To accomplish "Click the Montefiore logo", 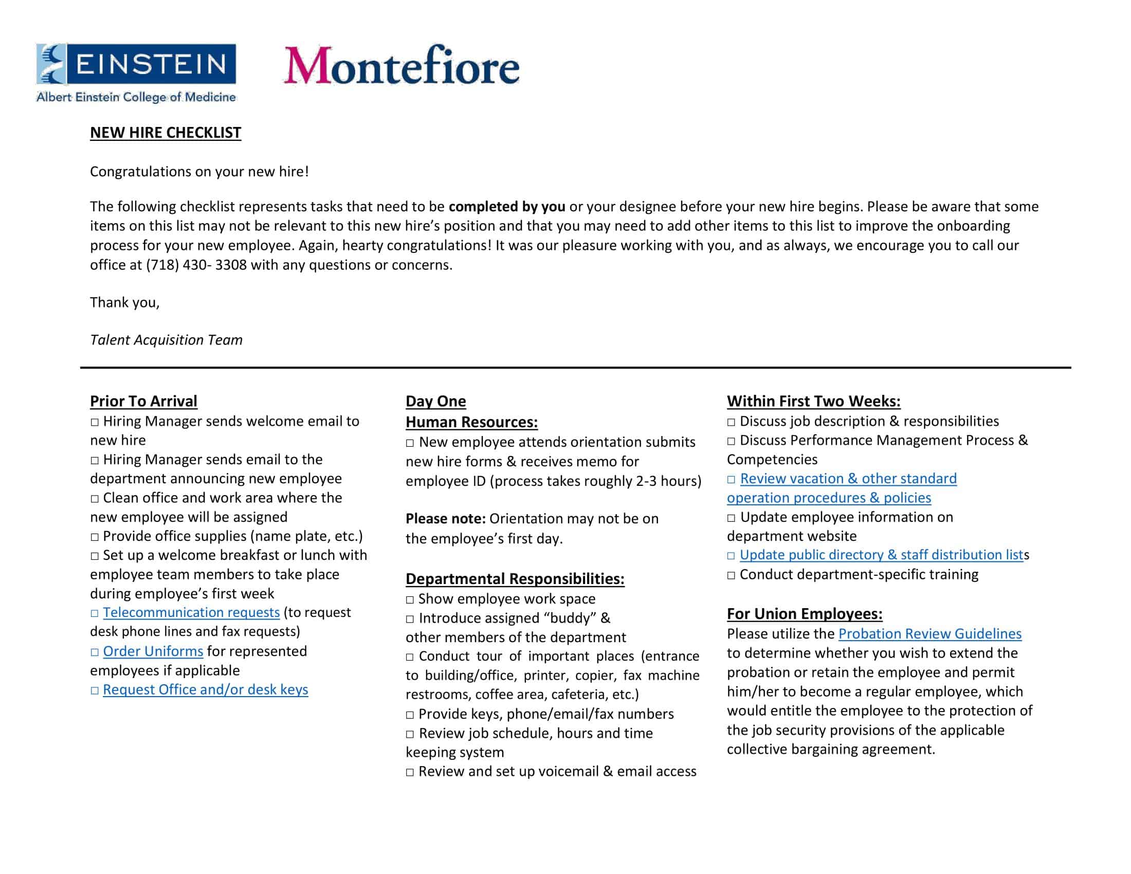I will coord(402,66).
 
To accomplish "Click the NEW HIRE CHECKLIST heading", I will coord(165,133).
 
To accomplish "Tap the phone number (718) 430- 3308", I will coord(196,265).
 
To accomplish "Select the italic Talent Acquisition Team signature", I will coord(166,340).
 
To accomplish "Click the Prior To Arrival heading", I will coord(143,402).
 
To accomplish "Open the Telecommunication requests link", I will coord(191,612).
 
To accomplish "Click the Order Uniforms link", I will coord(153,651).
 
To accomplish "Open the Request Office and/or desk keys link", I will coord(205,689).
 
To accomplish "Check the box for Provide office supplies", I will coord(95,537).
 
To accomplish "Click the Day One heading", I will coord(435,402).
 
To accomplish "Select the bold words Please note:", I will coord(445,519).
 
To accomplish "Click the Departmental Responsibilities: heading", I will coord(515,579).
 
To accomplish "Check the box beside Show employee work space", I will coord(410,599).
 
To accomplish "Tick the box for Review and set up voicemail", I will coord(410,772).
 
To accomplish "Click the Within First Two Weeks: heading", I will coord(814,402).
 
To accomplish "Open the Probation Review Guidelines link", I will coord(929,634).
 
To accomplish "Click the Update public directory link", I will coord(881,555).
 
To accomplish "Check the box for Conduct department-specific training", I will coord(731,575).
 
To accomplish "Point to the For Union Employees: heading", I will coord(804,613).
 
